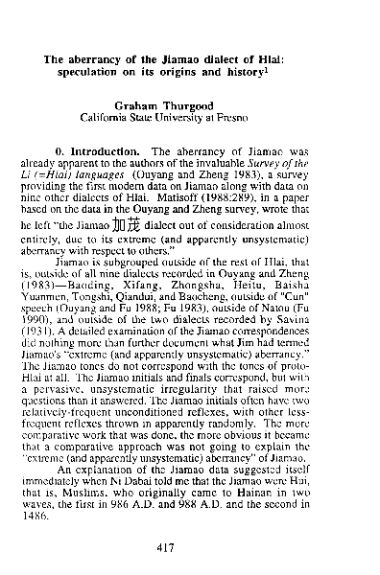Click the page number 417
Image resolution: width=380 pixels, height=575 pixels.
[192, 548]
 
